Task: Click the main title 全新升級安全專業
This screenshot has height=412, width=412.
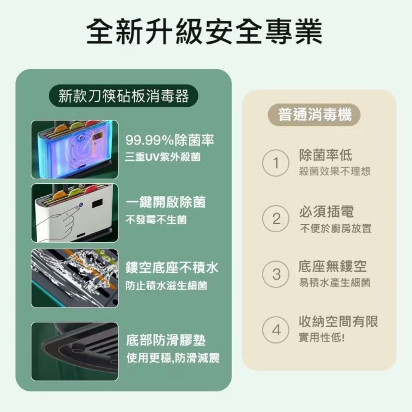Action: [204, 32]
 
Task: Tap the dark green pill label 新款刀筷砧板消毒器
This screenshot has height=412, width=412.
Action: [124, 96]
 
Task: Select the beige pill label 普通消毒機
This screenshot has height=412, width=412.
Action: [314, 115]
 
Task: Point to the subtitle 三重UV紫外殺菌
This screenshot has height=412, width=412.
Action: [163, 157]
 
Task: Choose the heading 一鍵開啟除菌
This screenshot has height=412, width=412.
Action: [166, 202]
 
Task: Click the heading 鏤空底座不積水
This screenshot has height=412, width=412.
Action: [172, 267]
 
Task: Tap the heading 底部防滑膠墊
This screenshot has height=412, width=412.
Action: [166, 340]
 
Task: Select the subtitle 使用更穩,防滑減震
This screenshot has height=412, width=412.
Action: [173, 358]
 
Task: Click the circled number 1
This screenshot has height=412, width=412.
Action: [276, 163]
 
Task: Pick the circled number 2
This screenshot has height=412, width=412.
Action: [276, 218]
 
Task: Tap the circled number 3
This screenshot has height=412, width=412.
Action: [276, 274]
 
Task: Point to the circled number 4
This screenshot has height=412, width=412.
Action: [276, 330]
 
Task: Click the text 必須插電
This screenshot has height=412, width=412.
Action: [326, 211]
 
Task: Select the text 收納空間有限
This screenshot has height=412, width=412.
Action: [338, 321]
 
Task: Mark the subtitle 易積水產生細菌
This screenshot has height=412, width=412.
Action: [335, 283]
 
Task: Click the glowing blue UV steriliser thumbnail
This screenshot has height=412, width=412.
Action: [75, 150]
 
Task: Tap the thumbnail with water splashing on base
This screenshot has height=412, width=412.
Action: [75, 278]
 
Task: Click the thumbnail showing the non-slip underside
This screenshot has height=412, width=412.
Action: [75, 351]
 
